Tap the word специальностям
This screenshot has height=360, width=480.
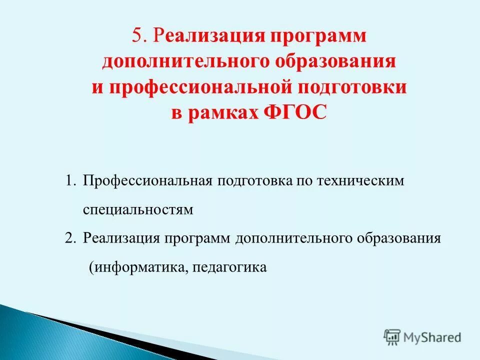click(137, 209)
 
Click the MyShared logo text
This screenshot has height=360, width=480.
click(432, 337)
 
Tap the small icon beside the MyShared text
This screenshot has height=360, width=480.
click(392, 337)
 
